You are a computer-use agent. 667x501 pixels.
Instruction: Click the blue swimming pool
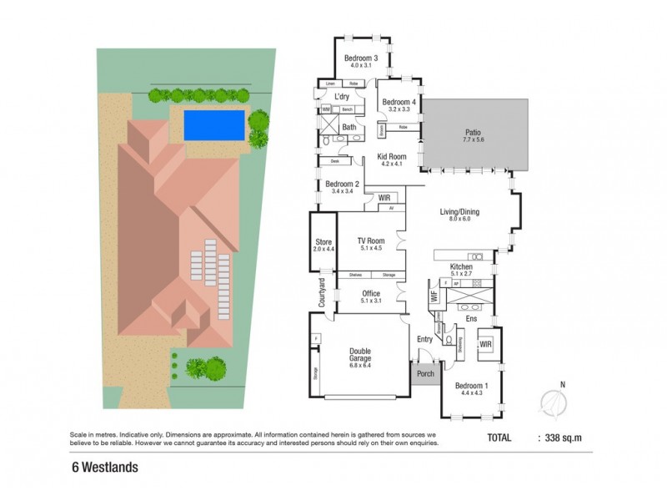click(x=213, y=125)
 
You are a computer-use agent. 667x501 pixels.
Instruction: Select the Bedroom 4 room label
click(x=397, y=103)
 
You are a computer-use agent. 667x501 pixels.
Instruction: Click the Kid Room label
click(x=391, y=157)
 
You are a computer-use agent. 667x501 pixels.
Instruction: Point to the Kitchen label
click(x=462, y=266)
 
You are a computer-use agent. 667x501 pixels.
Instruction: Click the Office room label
click(x=371, y=294)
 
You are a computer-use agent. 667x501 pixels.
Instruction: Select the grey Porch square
click(x=425, y=373)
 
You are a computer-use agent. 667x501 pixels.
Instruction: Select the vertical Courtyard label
click(x=321, y=291)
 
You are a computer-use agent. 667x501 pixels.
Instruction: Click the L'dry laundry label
click(x=340, y=97)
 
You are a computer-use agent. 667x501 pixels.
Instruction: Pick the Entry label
click(x=425, y=338)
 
